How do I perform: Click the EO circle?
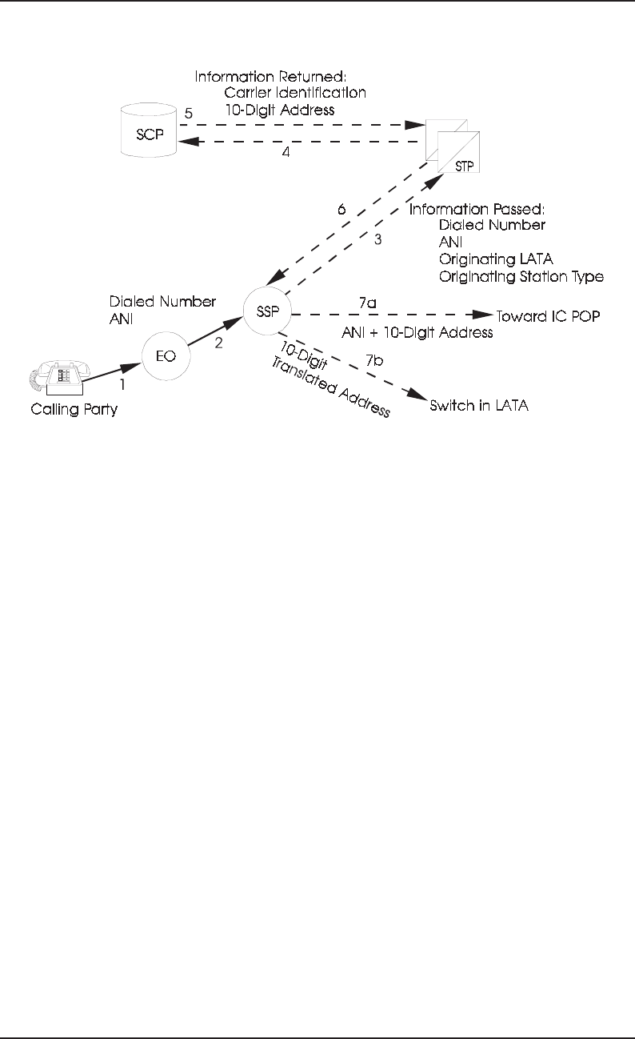(x=166, y=352)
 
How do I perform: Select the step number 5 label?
(x=189, y=113)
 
